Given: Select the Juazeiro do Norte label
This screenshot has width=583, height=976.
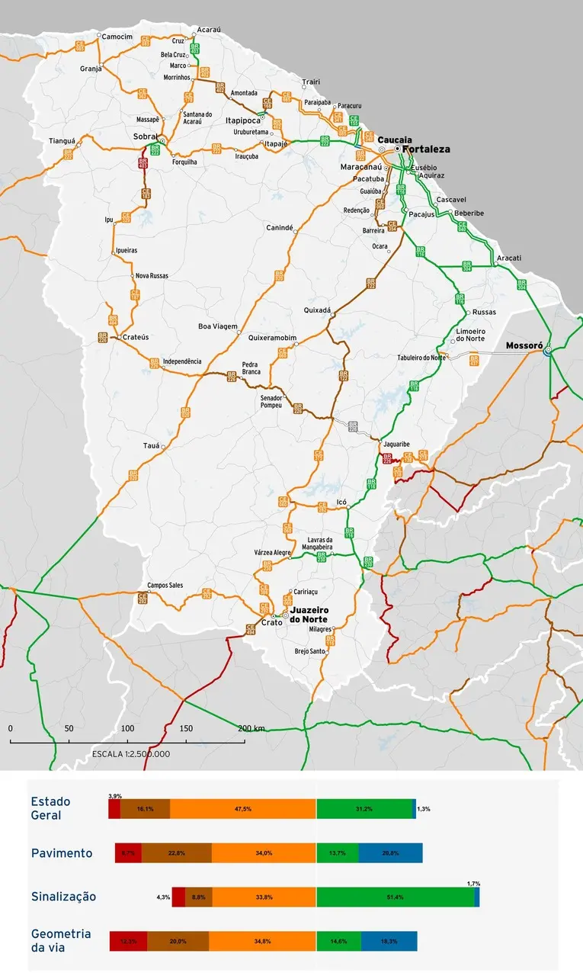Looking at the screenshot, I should (309, 615).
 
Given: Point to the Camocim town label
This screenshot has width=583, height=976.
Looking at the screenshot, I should (117, 37).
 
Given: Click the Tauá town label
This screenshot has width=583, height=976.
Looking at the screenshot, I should (151, 445).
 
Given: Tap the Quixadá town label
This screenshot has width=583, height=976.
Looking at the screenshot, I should (317, 310).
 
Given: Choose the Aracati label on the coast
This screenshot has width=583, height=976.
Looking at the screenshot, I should (509, 258).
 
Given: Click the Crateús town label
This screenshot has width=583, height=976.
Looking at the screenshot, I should (135, 336).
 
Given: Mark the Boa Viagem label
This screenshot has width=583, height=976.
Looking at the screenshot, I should (218, 326).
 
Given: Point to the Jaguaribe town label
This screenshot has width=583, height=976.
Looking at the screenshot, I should (398, 443).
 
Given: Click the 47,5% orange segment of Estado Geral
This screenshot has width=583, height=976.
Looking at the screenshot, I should (243, 809).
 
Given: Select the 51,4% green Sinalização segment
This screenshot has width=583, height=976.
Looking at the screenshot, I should (395, 897).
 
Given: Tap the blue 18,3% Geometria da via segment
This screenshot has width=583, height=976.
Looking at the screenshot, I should (389, 942).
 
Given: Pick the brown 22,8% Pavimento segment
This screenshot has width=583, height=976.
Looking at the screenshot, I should (176, 853).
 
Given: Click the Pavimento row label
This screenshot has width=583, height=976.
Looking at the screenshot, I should (62, 853).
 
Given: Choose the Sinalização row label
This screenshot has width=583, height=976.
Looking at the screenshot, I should (63, 897).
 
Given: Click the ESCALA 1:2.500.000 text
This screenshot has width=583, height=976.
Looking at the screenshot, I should (130, 753).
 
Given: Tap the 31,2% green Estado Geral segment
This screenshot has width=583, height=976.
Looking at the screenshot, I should (364, 809).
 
